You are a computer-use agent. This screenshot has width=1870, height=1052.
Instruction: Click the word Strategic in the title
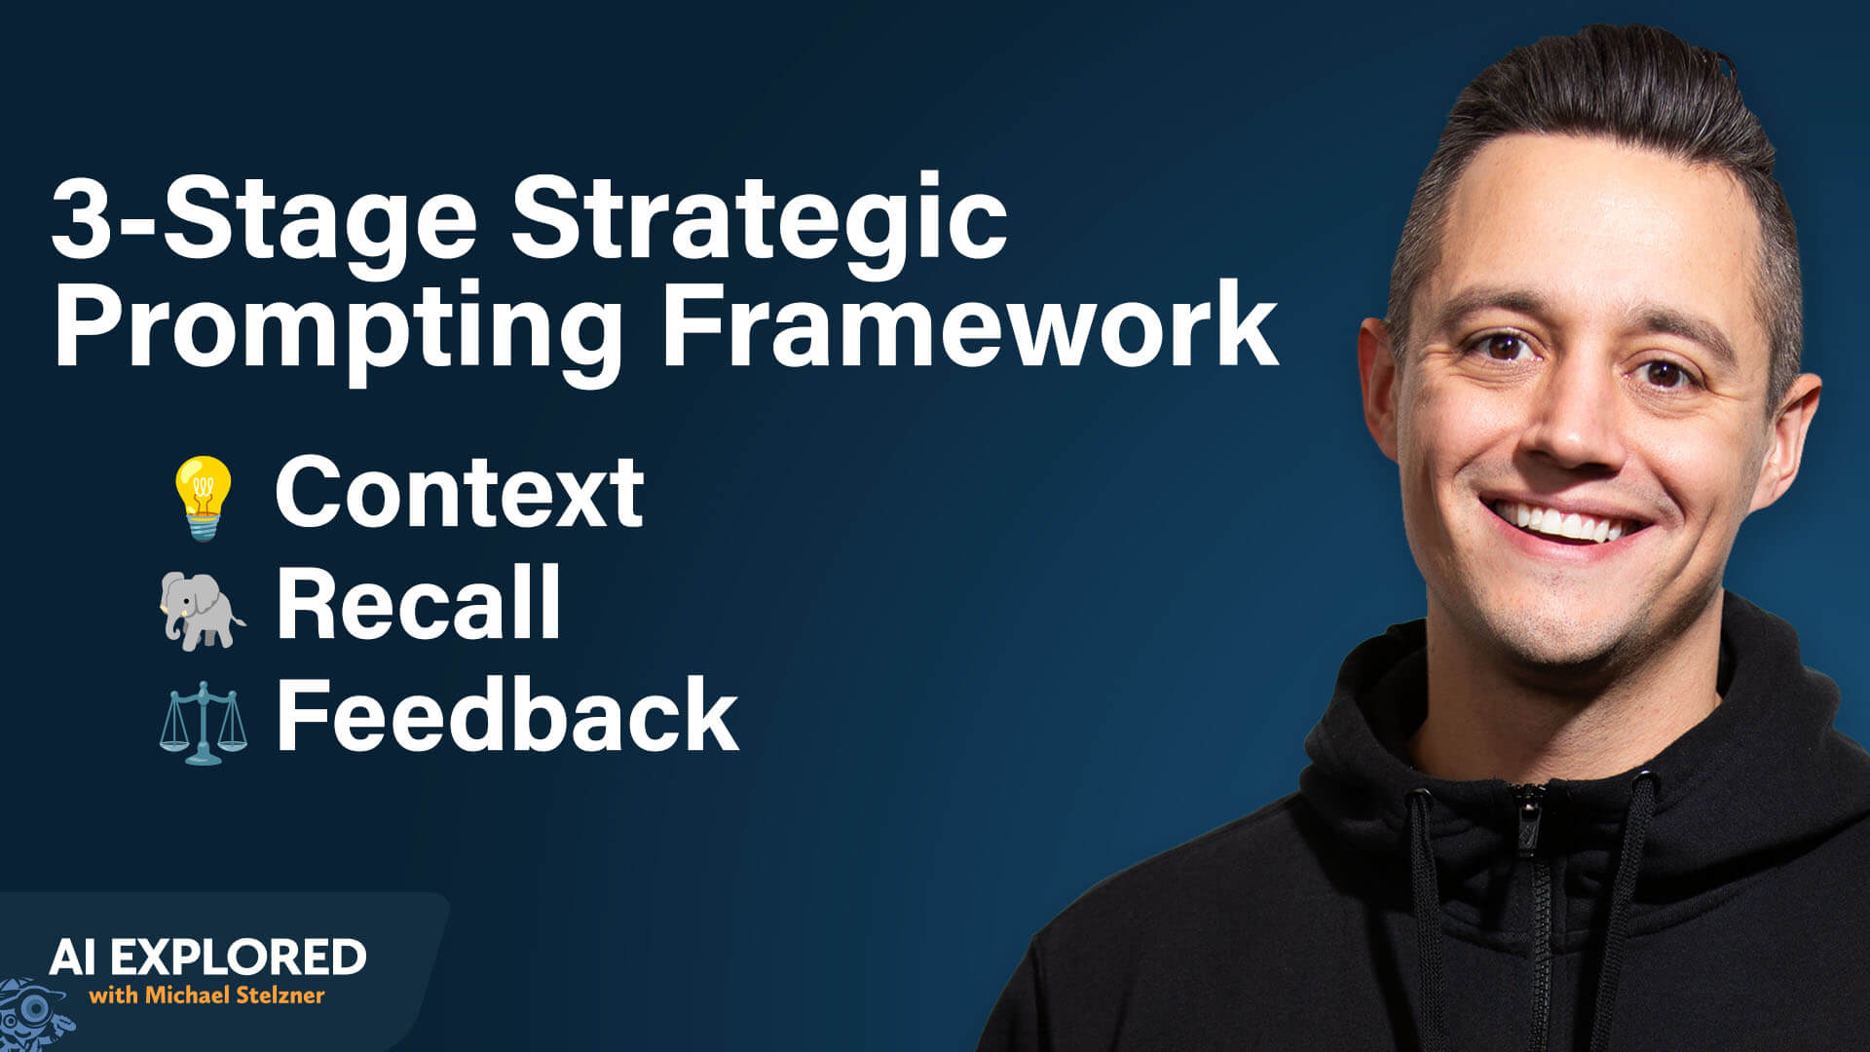pos(759,220)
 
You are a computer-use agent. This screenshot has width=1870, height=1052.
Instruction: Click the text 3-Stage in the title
pos(263,220)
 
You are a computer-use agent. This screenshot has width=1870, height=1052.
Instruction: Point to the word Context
pos(459,492)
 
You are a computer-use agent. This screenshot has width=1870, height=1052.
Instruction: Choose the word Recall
pos(419,603)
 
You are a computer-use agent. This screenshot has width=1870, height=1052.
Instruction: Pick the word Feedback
pos(507,716)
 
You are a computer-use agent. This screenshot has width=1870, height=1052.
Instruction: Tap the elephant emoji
pos(202,609)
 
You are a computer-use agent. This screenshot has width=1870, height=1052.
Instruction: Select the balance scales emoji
pos(203,722)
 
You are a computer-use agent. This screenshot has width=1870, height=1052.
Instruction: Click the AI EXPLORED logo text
pos(207,958)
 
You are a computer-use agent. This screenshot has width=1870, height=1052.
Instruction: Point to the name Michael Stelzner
pos(235,996)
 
